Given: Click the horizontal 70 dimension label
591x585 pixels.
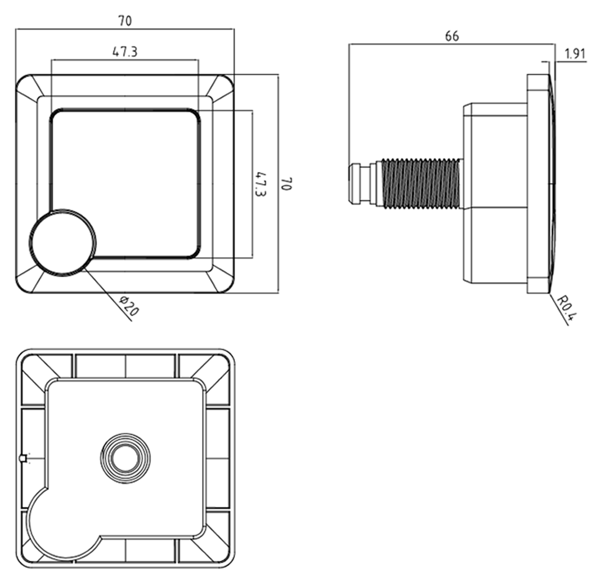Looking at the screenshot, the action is (125, 21).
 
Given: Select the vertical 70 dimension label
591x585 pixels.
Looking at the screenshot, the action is (287, 184).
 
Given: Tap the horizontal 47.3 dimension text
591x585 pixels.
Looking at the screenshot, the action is (125, 51).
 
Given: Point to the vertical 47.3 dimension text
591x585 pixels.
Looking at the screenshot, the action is (261, 184).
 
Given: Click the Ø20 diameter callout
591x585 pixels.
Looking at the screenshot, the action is (129, 306).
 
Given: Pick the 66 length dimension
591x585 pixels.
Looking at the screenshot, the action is (452, 36).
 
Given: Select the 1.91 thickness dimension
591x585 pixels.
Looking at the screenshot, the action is (575, 54).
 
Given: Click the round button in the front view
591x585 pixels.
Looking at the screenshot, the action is (63, 241).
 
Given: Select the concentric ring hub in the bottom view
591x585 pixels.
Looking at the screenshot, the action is (125, 458).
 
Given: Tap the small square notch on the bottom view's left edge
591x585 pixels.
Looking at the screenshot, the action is (22, 458).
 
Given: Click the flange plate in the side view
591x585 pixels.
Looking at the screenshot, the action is (538, 184).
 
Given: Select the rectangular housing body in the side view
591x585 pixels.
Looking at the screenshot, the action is (495, 193).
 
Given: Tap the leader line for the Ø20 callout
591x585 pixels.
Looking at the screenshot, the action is (107, 294).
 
